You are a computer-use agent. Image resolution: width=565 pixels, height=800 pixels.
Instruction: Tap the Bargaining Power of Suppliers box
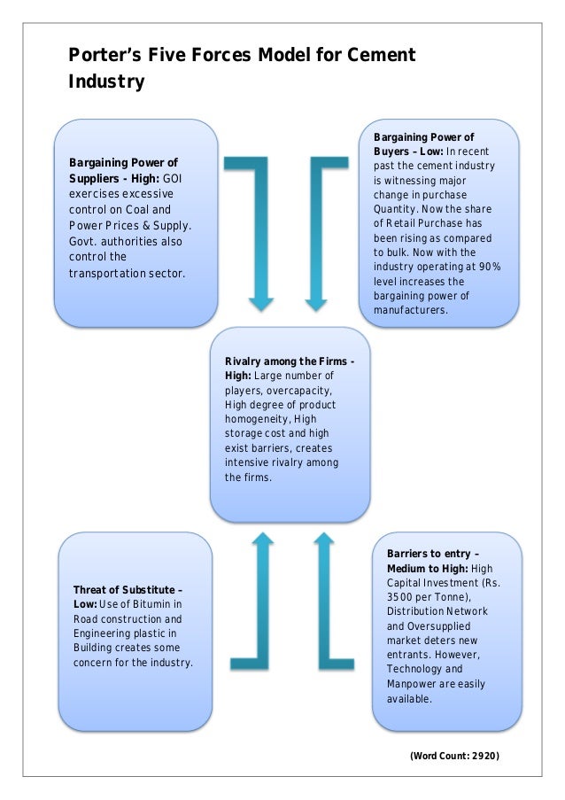click(x=135, y=223)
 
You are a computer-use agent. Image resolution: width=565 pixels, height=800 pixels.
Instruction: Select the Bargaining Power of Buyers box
click(x=439, y=223)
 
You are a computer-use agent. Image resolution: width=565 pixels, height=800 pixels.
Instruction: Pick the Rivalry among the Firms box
click(x=290, y=423)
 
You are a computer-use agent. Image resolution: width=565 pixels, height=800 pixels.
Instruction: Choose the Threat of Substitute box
click(x=135, y=631)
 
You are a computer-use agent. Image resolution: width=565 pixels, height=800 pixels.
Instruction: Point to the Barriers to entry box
click(x=439, y=631)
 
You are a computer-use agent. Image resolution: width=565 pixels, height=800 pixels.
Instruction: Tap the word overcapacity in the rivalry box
click(x=305, y=390)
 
